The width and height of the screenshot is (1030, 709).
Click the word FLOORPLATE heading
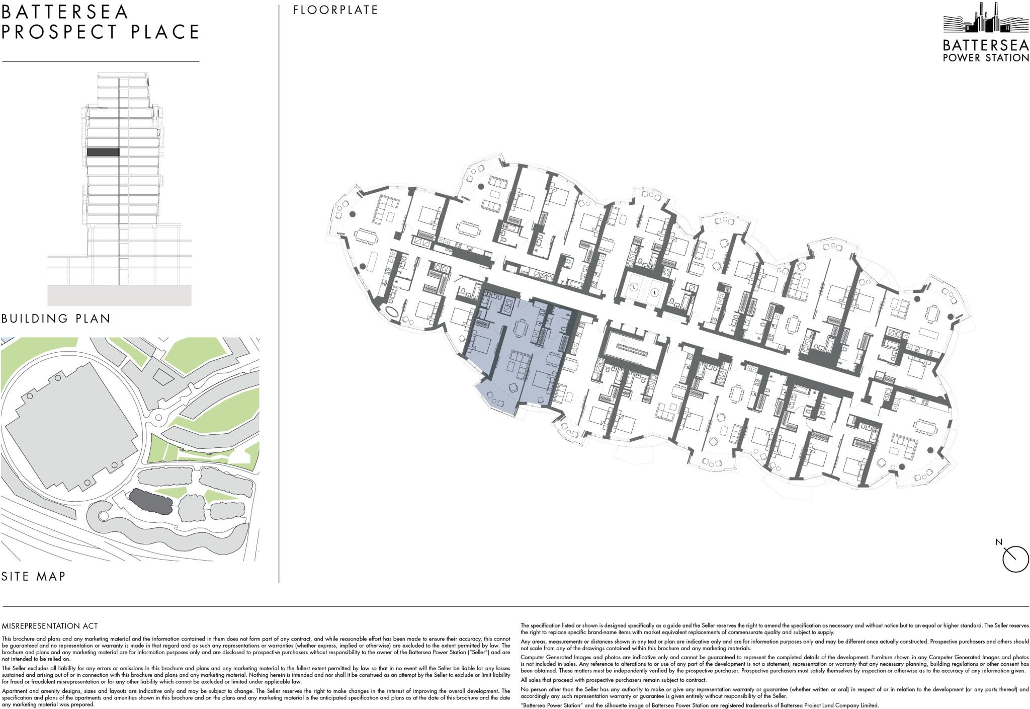tap(335, 10)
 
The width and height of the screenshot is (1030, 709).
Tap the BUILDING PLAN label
tap(56, 319)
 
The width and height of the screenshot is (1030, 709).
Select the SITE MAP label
tap(34, 576)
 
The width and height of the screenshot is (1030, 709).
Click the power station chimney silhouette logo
tap(985, 22)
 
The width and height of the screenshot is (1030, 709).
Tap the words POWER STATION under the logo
tap(985, 58)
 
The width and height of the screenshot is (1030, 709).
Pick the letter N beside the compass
tap(999, 542)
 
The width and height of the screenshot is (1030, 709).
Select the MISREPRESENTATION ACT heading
tap(50, 626)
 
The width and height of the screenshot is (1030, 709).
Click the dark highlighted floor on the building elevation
tap(103, 151)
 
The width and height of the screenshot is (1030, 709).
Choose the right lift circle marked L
tap(655, 291)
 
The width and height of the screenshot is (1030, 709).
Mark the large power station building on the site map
tap(70, 428)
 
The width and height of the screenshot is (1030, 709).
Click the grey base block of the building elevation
tap(119, 295)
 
